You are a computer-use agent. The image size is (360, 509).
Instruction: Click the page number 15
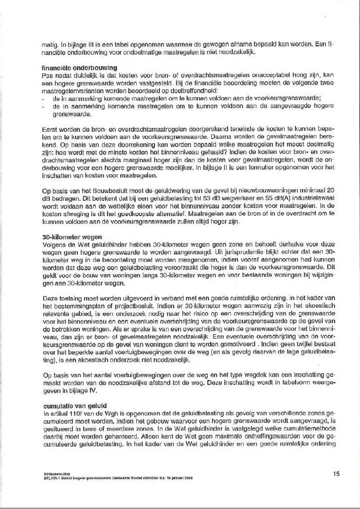(x=336, y=473)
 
